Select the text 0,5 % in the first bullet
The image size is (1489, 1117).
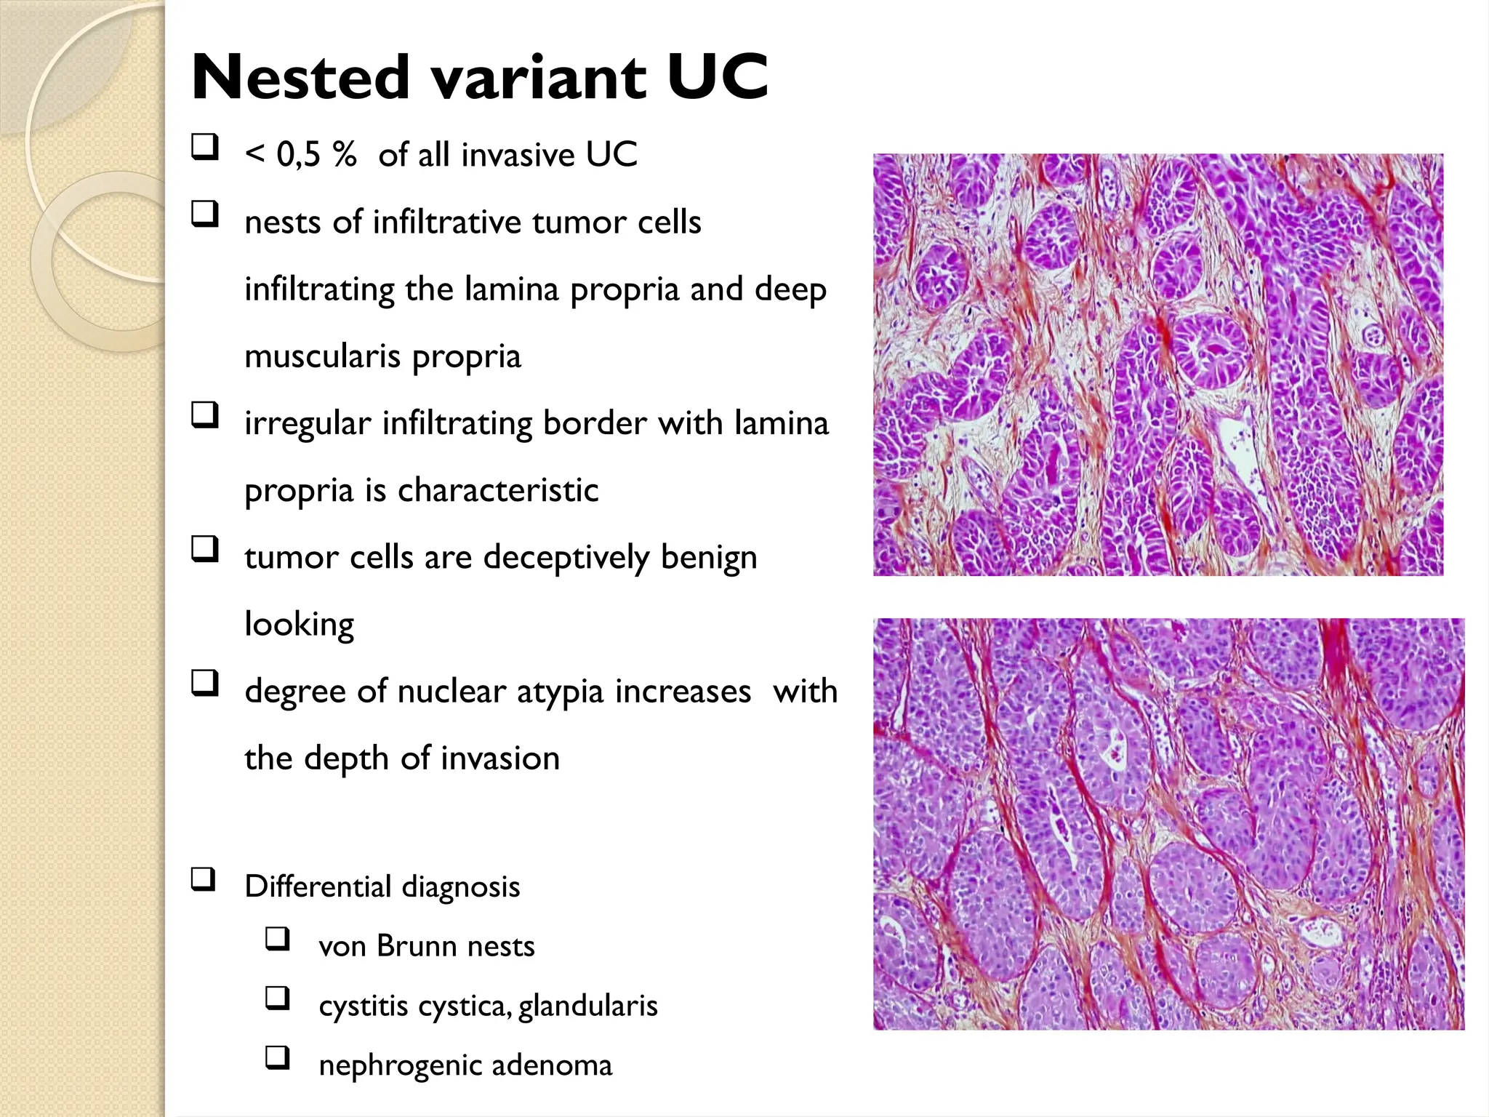tap(317, 155)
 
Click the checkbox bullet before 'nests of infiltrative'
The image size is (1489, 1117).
tap(205, 215)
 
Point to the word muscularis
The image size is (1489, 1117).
tap(323, 356)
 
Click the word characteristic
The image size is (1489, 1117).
tap(498, 490)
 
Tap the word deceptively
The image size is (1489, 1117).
tap(566, 558)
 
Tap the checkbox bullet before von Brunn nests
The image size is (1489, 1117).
tap(278, 939)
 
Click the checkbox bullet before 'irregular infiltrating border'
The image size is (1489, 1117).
tap(205, 415)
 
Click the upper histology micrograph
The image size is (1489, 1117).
tap(1157, 364)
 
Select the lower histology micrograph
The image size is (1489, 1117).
tap(1168, 823)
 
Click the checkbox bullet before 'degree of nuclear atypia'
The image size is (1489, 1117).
tap(205, 684)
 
